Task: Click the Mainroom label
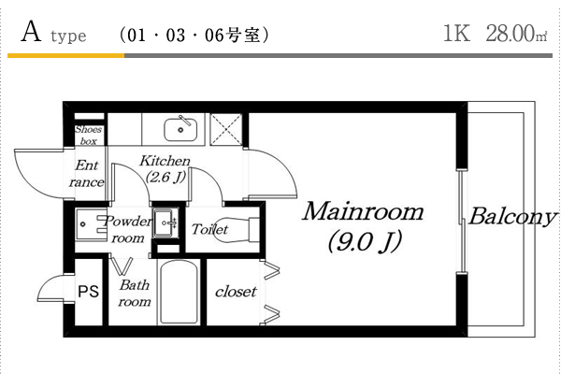click(x=363, y=212)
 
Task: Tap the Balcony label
click(x=513, y=217)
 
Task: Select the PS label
click(x=89, y=292)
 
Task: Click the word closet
click(x=236, y=292)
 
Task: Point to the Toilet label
click(x=209, y=229)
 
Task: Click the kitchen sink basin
click(x=180, y=130)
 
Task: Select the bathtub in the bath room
click(x=179, y=292)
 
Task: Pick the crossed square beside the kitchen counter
click(x=226, y=130)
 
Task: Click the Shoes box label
click(x=89, y=135)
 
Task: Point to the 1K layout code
click(x=456, y=34)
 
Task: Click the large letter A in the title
click(x=31, y=32)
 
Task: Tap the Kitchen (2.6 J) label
click(x=165, y=168)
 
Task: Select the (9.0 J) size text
click(x=365, y=241)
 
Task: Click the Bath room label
click(x=135, y=293)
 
